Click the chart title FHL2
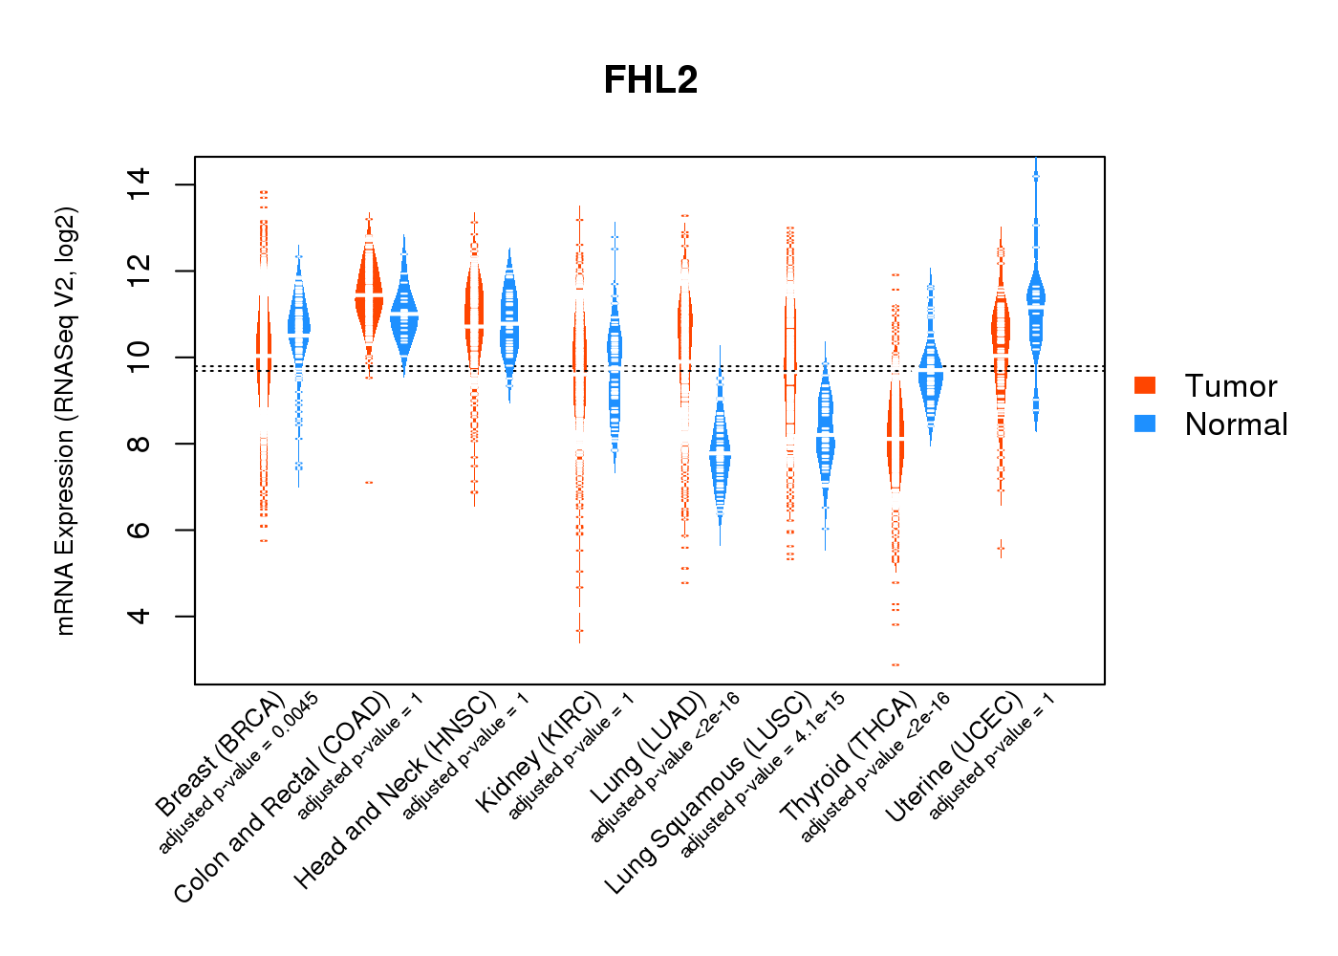point(651,80)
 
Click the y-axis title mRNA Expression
point(65,421)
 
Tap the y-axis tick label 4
point(140,616)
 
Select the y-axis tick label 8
point(140,444)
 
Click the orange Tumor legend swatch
point(1145,384)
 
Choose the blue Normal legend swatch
point(1145,423)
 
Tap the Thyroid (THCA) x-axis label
point(849,757)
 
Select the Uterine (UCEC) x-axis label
point(955,757)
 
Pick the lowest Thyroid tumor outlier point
point(896,664)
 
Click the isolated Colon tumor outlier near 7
point(368,483)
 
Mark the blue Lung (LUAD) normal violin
point(720,459)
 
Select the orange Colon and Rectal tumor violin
point(368,296)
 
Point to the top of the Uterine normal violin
point(1036,163)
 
